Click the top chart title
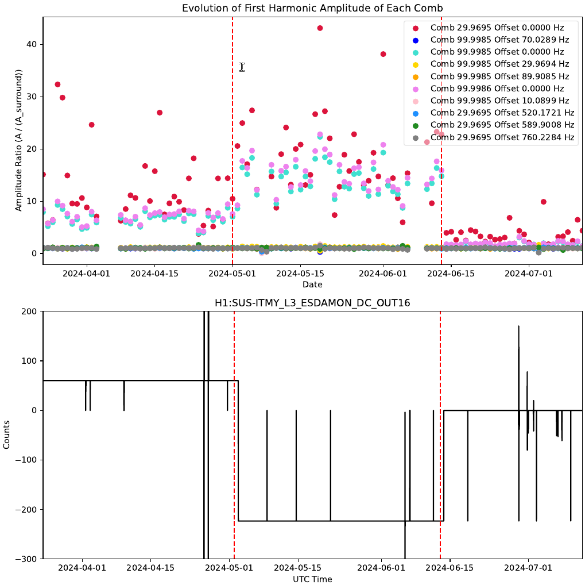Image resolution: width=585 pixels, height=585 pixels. tap(312, 8)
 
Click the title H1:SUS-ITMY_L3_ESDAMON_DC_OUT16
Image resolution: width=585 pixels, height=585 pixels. tap(312, 302)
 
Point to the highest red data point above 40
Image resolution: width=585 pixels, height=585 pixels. tap(320, 28)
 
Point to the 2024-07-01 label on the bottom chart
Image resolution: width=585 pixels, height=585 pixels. tap(528, 568)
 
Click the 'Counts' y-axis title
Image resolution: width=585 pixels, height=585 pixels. tap(7, 435)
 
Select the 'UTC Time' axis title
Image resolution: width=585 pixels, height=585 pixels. tap(312, 579)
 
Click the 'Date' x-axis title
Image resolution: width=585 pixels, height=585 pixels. tap(312, 284)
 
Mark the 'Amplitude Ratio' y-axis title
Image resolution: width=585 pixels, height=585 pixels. tap(19, 140)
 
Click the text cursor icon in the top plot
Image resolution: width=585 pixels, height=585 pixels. tap(242, 67)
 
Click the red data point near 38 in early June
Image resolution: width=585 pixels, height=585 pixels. tap(383, 54)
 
